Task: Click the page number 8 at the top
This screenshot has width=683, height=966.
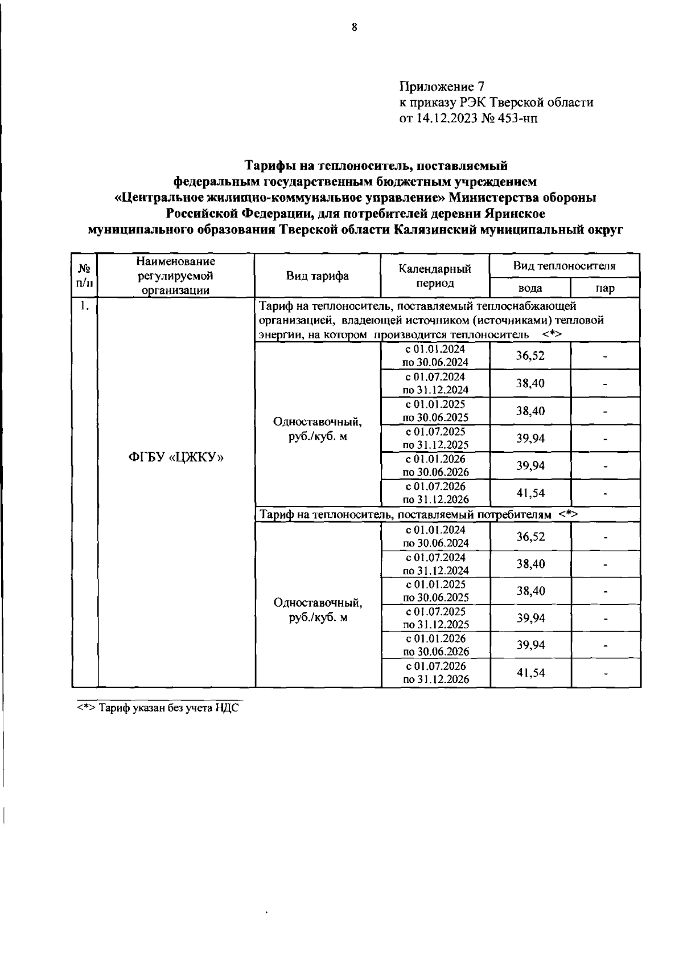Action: [354, 27]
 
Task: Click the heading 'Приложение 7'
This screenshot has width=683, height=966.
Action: [442, 87]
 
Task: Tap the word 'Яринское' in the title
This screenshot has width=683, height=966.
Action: [515, 214]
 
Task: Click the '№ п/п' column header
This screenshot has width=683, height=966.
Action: [84, 275]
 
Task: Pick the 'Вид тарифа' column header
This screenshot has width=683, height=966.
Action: [317, 276]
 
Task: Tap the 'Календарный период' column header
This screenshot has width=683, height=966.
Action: [435, 276]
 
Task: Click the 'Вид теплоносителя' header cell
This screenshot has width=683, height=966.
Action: [564, 266]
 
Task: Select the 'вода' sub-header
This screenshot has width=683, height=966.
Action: [529, 288]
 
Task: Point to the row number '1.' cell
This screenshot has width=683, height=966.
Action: [84, 306]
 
